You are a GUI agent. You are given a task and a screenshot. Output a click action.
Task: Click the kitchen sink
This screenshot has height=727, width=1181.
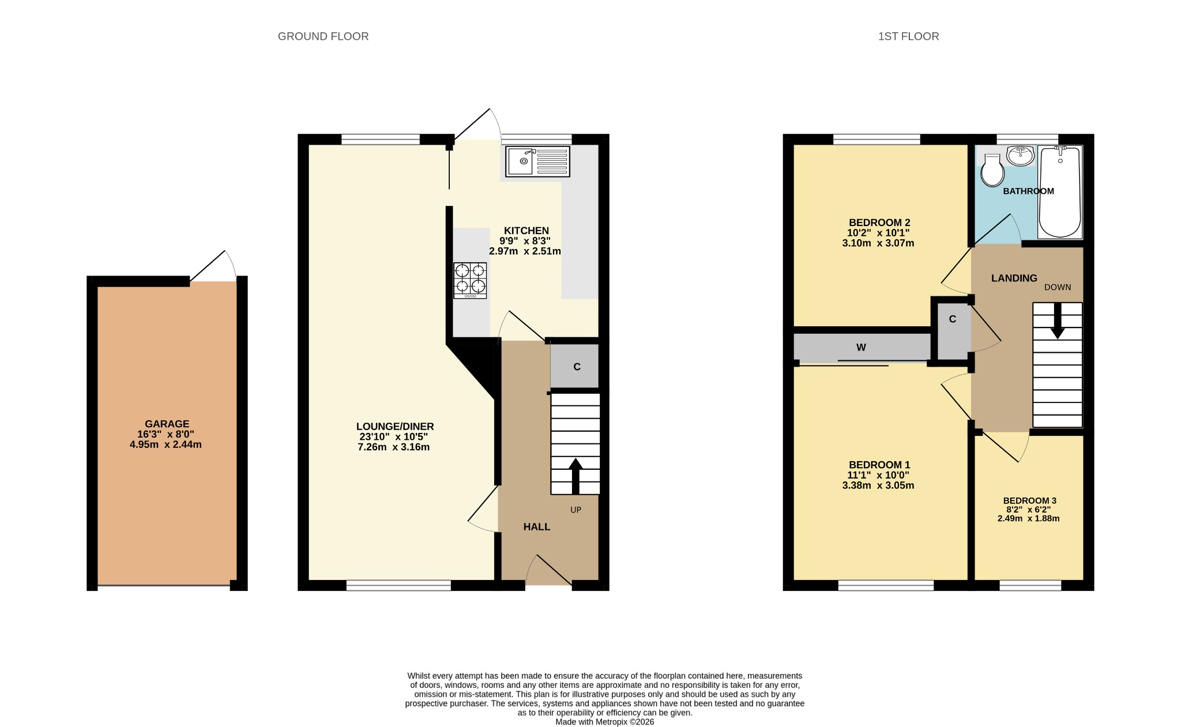click(537, 161)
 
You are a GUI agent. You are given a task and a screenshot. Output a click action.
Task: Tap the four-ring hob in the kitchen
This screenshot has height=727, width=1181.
click(470, 280)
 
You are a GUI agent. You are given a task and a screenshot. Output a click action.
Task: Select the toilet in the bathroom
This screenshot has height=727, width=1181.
click(992, 170)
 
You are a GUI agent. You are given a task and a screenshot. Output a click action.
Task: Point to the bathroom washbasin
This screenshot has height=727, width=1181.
click(1021, 156)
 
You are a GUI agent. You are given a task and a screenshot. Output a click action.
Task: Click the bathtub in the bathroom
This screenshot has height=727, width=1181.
click(1060, 192)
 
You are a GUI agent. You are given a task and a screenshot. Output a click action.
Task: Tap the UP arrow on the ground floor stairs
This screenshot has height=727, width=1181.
click(576, 476)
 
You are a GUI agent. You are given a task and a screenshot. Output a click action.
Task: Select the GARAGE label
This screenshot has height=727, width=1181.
click(167, 424)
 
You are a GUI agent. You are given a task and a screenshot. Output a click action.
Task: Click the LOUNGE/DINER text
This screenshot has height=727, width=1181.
click(395, 427)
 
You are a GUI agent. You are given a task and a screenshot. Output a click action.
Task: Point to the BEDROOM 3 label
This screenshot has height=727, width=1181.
click(1029, 500)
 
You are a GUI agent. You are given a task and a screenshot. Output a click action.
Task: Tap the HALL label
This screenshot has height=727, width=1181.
click(537, 526)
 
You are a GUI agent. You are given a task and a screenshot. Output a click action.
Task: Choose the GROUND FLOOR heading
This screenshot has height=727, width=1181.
click(323, 36)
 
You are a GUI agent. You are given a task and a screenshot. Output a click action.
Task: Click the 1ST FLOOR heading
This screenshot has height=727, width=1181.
click(908, 36)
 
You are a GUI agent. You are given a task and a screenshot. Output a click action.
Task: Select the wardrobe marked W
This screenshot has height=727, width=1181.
click(862, 347)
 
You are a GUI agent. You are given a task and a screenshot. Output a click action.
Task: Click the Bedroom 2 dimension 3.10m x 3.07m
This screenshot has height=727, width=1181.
click(878, 243)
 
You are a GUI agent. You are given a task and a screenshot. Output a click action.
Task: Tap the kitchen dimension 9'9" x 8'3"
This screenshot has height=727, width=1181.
click(525, 241)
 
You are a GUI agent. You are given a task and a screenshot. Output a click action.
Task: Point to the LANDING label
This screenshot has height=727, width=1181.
click(1014, 278)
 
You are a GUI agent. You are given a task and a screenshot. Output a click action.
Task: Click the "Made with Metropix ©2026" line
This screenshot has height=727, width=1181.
click(604, 722)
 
